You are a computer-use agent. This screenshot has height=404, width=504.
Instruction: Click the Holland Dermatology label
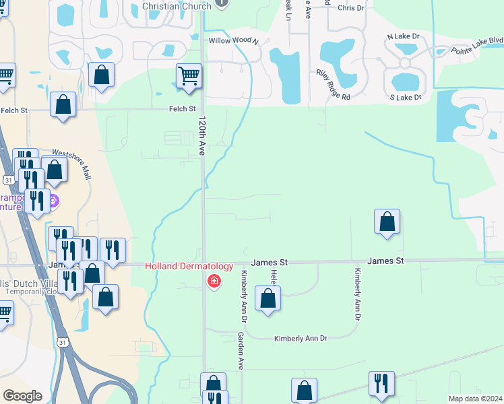pos(189,267)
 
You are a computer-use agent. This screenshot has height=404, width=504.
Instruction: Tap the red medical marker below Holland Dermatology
pos(214,280)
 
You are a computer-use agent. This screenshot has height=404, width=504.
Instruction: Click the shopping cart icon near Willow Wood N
pos(189,76)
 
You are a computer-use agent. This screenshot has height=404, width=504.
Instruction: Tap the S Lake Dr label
pos(406,98)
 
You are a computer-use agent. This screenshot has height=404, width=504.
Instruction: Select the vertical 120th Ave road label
pos(201,136)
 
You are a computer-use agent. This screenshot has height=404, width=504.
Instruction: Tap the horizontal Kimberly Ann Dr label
pos(300,338)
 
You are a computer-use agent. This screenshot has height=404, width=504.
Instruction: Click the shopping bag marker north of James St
pos(387,222)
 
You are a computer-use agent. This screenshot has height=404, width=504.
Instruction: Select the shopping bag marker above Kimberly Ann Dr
pos(268,298)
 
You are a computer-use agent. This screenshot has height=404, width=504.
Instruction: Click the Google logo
pos(22,396)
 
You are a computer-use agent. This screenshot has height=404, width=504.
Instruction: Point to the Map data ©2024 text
pos(475,399)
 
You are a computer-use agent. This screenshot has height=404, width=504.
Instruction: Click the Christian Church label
pos(177,6)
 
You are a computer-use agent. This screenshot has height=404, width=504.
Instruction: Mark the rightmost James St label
pos(385,261)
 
